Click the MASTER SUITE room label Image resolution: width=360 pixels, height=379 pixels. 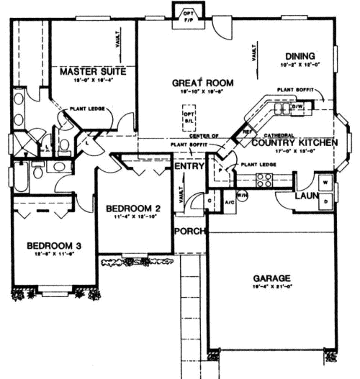click(94, 72)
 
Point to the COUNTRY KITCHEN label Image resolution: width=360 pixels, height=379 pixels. click(294, 143)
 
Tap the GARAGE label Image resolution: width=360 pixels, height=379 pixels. click(271, 278)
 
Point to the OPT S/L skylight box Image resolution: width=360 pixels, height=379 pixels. click(189, 118)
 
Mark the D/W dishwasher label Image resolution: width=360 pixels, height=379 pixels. click(297, 107)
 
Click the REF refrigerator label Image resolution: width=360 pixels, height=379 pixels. click(247, 132)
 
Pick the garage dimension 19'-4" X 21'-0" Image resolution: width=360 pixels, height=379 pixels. click(271, 287)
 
